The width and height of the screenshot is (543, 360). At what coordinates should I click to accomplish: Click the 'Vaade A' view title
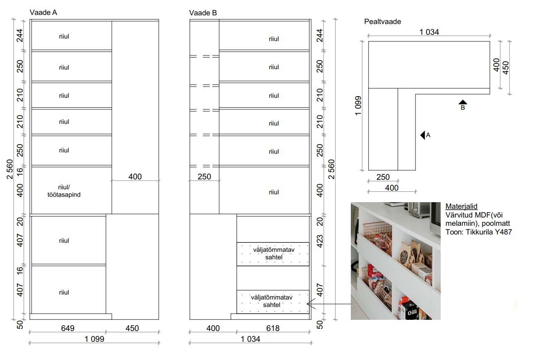(x=43, y=12)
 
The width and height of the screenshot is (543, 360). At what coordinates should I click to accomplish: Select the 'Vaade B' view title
(x=203, y=13)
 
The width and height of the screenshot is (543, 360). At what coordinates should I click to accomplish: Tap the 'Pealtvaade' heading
(x=383, y=22)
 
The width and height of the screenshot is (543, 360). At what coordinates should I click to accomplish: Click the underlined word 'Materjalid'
(x=461, y=206)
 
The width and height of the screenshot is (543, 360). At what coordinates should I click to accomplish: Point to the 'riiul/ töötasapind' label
(x=64, y=191)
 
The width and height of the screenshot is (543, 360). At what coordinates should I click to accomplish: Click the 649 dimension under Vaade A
(x=68, y=328)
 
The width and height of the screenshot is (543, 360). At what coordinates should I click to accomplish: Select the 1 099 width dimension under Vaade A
(x=94, y=339)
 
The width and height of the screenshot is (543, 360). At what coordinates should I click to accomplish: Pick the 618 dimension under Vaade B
(x=273, y=328)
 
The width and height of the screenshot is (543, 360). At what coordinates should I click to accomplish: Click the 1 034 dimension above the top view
(x=429, y=32)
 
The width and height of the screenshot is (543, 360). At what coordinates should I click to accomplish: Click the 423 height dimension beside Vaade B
(x=320, y=241)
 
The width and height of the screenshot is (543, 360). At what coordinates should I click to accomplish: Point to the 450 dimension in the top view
(x=506, y=68)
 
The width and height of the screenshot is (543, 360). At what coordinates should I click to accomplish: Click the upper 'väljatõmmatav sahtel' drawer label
(x=274, y=254)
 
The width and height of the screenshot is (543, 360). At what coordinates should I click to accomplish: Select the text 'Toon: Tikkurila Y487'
(x=479, y=232)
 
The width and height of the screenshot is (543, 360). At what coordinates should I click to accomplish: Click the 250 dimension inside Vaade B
(x=204, y=176)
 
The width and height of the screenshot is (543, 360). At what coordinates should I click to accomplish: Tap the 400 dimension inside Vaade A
(x=135, y=176)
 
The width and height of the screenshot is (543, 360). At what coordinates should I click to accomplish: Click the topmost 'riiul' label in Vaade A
(x=64, y=36)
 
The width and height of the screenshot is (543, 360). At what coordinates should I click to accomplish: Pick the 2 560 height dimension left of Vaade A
(x=10, y=169)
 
